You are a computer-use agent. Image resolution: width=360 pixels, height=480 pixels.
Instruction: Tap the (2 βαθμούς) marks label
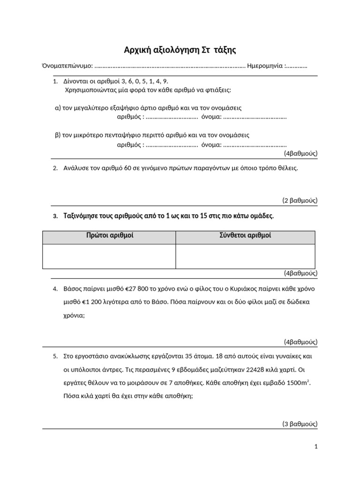click(x=300, y=200)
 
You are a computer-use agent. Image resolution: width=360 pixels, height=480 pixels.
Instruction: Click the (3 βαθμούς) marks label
click(x=300, y=424)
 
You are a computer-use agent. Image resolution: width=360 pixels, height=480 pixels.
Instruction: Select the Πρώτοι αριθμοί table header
click(x=109, y=235)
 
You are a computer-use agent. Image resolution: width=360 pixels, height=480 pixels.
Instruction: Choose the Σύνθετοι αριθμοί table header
click(x=245, y=235)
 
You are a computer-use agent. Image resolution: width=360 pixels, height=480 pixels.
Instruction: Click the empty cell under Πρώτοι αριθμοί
click(x=109, y=256)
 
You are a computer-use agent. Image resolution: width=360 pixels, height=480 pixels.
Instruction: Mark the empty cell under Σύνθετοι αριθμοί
click(x=245, y=256)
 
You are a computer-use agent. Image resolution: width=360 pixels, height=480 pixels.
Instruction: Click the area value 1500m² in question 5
click(x=298, y=382)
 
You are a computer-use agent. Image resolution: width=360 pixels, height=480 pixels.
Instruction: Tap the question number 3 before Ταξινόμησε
click(x=55, y=216)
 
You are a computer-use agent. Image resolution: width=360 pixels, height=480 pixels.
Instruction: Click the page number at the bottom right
click(x=316, y=447)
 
